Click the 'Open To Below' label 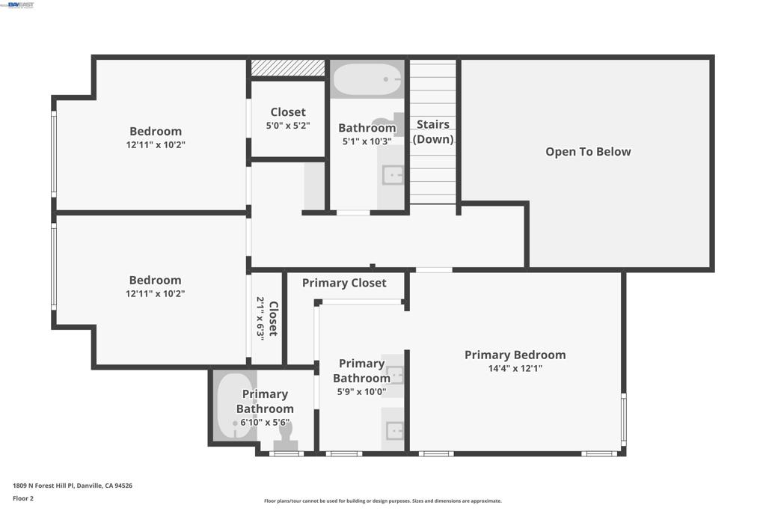point(588,152)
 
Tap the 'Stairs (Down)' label point(433,132)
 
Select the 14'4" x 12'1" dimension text point(515,368)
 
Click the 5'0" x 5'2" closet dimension point(288,126)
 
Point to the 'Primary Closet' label point(344,283)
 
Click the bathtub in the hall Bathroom point(367,79)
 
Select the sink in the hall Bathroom point(392,175)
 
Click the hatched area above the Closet point(288,68)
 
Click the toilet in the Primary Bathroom point(285,438)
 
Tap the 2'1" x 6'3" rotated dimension point(260,318)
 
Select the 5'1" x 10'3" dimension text point(367,141)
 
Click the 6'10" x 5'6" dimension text point(265,422)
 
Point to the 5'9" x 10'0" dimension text point(361,391)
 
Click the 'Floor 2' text point(23,498)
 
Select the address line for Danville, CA point(73,486)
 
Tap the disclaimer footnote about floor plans point(382,501)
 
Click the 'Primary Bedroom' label point(515,355)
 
